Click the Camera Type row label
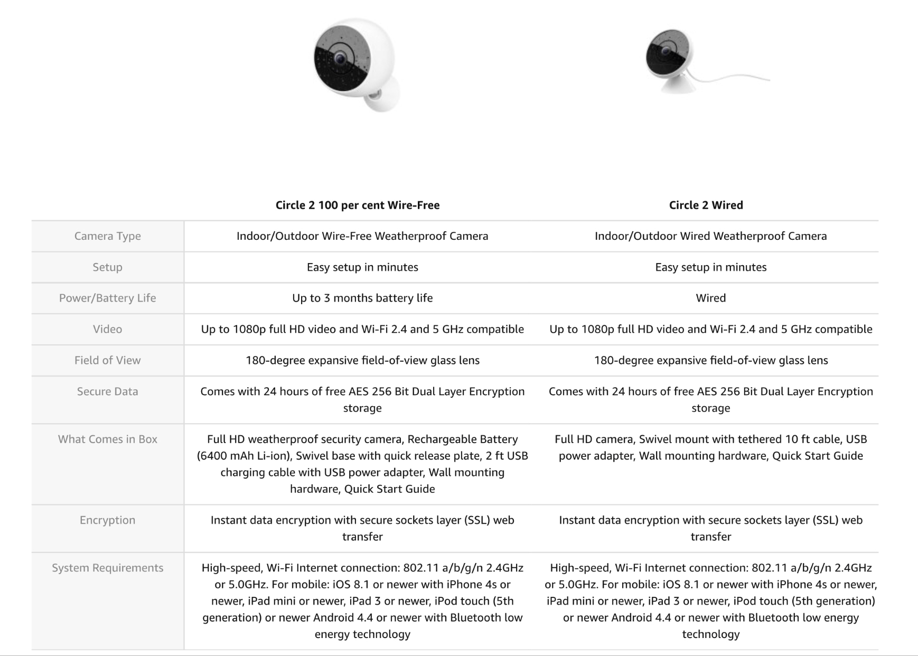pyautogui.click(x=107, y=236)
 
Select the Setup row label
pyautogui.click(x=107, y=267)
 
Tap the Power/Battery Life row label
pyautogui.click(x=107, y=298)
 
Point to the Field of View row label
pyautogui.click(x=107, y=360)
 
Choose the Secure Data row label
pyautogui.click(x=107, y=391)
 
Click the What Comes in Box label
pyautogui.click(x=107, y=439)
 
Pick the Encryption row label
pyautogui.click(x=107, y=520)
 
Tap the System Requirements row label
pyautogui.click(x=107, y=568)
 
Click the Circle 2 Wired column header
pyautogui.click(x=706, y=205)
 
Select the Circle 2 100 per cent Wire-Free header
pyautogui.click(x=358, y=205)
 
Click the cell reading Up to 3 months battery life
pyautogui.click(x=362, y=298)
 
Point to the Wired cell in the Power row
pyautogui.click(x=710, y=298)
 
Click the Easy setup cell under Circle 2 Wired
pyautogui.click(x=710, y=267)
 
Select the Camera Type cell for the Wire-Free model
pyautogui.click(x=362, y=236)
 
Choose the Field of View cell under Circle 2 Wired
pyautogui.click(x=710, y=360)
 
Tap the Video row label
pyautogui.click(x=107, y=329)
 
